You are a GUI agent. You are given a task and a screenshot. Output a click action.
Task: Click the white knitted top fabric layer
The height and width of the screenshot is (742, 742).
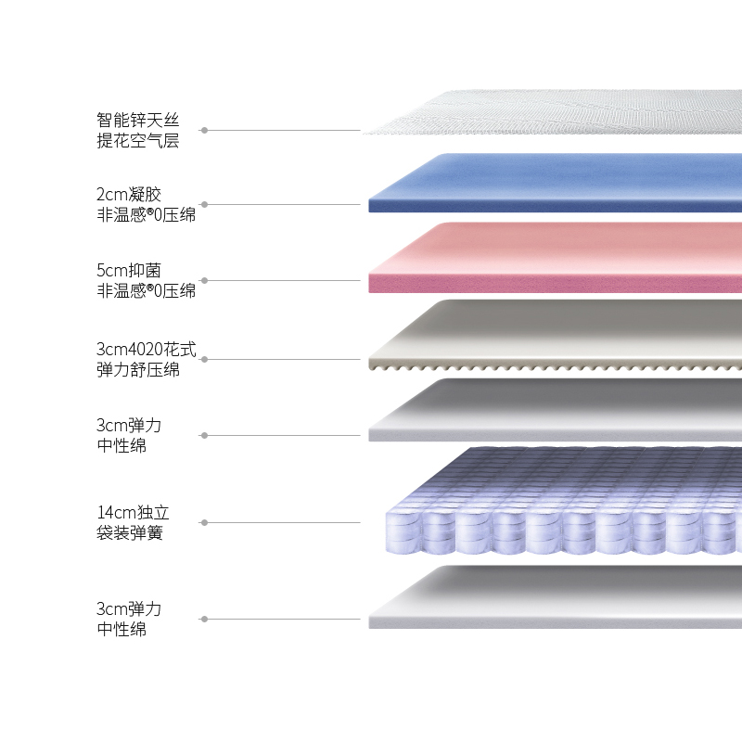[556, 113]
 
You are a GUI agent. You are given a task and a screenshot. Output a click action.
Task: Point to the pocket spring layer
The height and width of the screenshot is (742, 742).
[556, 505]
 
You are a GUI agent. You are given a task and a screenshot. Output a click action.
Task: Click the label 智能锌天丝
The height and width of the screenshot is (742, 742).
[137, 120]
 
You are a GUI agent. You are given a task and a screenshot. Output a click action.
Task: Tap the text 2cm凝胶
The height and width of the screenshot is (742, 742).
[129, 195]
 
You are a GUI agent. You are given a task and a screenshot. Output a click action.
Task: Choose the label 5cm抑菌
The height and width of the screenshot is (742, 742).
[129, 271]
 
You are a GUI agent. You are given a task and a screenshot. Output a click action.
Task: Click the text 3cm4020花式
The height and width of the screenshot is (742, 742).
[147, 350]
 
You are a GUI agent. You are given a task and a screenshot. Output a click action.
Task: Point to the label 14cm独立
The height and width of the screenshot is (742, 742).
[133, 513]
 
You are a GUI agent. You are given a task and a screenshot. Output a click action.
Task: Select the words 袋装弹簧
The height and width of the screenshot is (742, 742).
[129, 533]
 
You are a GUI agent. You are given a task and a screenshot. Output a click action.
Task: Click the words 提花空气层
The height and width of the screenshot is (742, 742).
[137, 140]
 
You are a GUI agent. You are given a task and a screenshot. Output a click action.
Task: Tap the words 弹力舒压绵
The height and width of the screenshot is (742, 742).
[137, 370]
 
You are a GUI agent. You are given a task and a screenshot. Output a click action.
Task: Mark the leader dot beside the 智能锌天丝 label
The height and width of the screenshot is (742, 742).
[204, 131]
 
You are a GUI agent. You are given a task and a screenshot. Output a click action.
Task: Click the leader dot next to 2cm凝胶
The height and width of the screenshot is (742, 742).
[204, 205]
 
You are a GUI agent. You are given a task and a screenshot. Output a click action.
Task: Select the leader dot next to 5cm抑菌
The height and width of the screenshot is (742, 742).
[204, 280]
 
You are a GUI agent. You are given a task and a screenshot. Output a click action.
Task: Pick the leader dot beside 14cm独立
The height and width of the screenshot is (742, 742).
[204, 523]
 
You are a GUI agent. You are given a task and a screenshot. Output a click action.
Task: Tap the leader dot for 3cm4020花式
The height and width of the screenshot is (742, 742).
[204, 360]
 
